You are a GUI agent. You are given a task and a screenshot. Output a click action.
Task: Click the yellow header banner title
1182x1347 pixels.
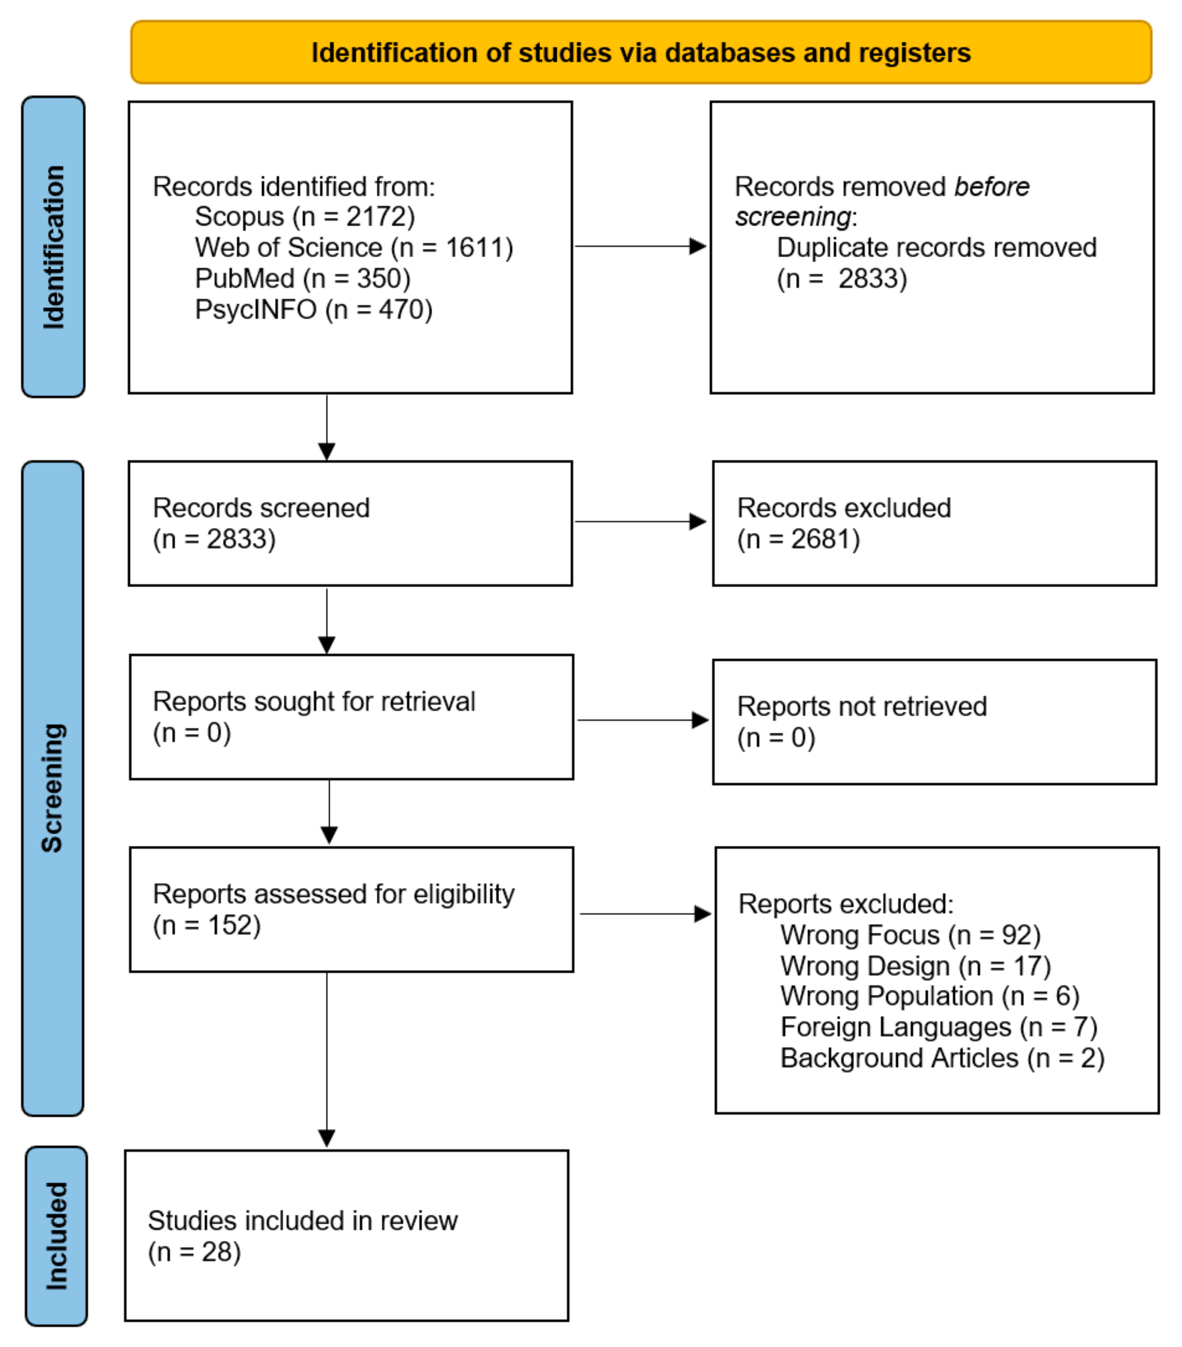pyautogui.click(x=640, y=53)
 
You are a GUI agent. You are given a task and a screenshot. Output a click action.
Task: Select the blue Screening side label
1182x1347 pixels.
pyautogui.click(x=53, y=787)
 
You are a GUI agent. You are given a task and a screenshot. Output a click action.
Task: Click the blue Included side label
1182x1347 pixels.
pyautogui.click(x=56, y=1236)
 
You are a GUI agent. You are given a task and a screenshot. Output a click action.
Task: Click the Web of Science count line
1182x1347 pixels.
pyautogui.click(x=353, y=248)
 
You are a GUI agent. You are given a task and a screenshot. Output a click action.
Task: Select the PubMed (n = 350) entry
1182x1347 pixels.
pyautogui.click(x=302, y=279)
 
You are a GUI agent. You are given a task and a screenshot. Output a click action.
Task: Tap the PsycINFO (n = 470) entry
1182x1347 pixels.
pyautogui.click(x=313, y=310)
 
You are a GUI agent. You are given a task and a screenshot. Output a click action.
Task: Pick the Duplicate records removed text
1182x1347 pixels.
pyautogui.click(x=936, y=248)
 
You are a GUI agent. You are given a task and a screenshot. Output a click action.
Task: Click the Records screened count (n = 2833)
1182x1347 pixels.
pyautogui.click(x=214, y=540)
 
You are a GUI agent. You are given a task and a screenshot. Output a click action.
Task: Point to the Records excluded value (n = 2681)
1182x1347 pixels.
pyautogui.click(x=798, y=540)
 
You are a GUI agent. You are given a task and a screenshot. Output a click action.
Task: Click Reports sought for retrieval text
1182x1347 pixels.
pyautogui.click(x=314, y=702)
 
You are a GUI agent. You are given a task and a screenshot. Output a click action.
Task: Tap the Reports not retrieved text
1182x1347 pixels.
pyautogui.click(x=861, y=706)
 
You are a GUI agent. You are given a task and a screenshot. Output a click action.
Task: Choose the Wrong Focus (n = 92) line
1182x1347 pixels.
pyautogui.click(x=910, y=935)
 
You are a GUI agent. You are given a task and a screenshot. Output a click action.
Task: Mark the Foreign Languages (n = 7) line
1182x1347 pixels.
pyautogui.click(x=938, y=1027)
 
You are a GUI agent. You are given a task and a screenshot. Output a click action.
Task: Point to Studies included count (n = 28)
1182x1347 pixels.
pyautogui.click(x=194, y=1252)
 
